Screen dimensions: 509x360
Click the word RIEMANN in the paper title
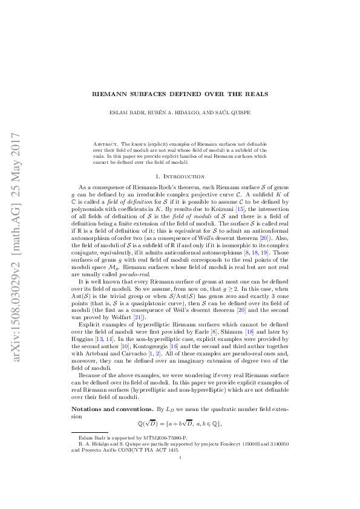111,94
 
